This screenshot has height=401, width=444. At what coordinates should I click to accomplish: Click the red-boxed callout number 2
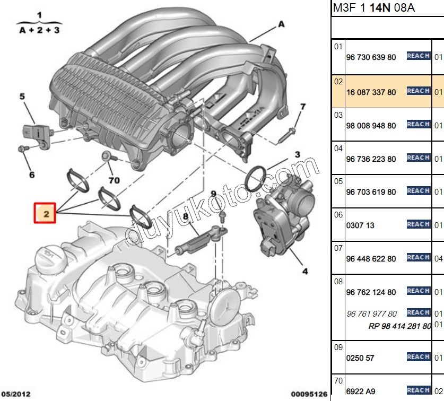point(46,214)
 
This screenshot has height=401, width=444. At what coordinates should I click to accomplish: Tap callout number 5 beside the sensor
point(22,97)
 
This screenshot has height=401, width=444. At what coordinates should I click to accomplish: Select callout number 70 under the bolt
point(114,180)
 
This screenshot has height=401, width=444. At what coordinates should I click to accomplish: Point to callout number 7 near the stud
point(302,107)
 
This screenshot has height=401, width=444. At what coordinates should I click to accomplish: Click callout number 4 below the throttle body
point(304,272)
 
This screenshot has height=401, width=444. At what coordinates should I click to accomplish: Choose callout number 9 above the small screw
point(214,194)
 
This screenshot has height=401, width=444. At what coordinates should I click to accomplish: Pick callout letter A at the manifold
point(281,24)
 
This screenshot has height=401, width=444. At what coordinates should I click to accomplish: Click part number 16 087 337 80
point(371,92)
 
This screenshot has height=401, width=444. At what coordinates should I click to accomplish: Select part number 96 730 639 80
point(371,57)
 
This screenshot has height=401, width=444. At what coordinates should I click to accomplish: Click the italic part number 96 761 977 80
point(371,313)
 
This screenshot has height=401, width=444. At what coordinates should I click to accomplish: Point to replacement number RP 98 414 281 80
point(399,326)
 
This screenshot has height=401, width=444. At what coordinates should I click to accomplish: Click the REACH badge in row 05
point(418,191)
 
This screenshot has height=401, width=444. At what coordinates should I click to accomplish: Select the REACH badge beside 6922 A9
point(418,390)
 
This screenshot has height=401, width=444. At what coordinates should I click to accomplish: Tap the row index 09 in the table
point(338,348)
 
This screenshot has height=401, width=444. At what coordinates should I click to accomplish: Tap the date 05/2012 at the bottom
point(15,394)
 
